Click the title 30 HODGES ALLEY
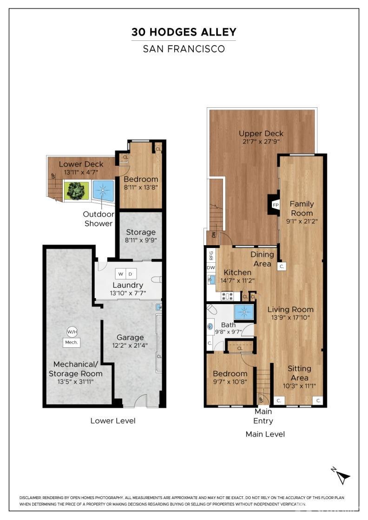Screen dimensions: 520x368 click(184, 32)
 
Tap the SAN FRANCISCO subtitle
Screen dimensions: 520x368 click(184, 48)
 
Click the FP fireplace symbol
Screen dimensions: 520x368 click(275, 205)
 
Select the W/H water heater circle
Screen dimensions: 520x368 click(72, 331)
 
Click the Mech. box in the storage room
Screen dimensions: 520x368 click(72, 343)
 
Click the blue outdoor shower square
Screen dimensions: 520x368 click(103, 191)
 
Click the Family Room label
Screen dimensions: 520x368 click(302, 208)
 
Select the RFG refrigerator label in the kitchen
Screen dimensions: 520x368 click(211, 255)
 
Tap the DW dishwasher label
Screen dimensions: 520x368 click(211, 267)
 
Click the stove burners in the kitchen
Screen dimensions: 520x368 click(227, 296)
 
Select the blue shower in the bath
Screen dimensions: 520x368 click(243, 312)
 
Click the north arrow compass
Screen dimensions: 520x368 click(343, 476)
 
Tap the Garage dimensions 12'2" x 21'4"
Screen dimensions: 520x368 click(130, 345)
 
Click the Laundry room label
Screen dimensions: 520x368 click(128, 285)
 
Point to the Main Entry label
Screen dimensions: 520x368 click(263, 416)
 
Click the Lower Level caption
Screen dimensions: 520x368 click(113, 421)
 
